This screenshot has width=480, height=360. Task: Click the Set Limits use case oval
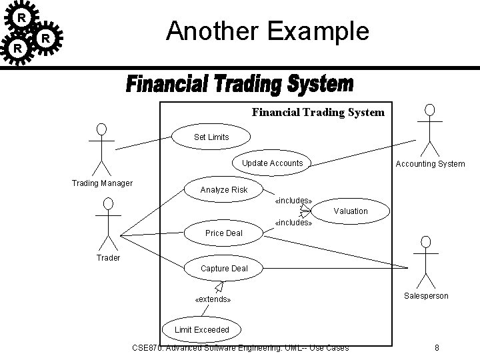(x=211, y=137)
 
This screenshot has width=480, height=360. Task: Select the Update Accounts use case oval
(x=272, y=163)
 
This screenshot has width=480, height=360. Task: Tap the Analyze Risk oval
(x=224, y=190)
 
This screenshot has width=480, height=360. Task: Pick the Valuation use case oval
(x=350, y=211)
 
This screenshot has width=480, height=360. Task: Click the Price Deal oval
(x=224, y=233)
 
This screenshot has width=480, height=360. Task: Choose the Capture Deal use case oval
(x=224, y=269)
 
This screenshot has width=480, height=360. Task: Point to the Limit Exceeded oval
(x=201, y=329)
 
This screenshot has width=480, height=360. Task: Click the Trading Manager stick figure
(x=101, y=149)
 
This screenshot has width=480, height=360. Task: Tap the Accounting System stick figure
(x=430, y=130)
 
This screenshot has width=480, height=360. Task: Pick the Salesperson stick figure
(x=426, y=264)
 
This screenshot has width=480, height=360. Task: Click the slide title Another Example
(x=267, y=31)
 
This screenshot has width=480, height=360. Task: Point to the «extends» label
(x=213, y=299)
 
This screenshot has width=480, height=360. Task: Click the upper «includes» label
(x=293, y=200)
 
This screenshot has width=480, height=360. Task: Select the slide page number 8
(x=436, y=347)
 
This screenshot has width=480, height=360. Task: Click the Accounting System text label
(x=430, y=164)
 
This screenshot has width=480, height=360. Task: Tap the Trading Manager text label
(x=102, y=183)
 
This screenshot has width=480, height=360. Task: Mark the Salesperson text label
(x=426, y=295)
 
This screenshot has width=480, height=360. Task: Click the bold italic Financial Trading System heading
(x=239, y=86)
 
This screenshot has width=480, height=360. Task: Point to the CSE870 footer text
(x=241, y=347)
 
